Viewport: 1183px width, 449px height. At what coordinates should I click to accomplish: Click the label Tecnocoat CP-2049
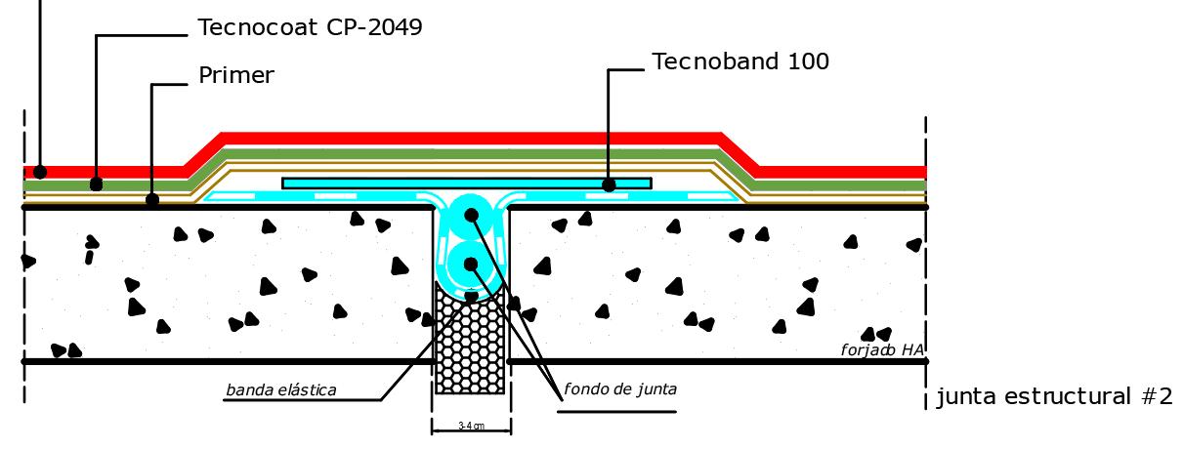310,27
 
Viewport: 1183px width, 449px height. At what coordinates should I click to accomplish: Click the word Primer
236,75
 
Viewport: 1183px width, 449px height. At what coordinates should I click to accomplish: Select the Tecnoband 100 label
740,61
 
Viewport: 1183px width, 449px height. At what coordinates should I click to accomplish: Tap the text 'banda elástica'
281,390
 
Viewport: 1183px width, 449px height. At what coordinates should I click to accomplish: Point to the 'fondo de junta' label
620,389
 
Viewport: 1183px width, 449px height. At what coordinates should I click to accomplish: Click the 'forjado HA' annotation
882,349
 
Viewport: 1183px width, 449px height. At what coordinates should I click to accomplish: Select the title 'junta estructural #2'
1054,397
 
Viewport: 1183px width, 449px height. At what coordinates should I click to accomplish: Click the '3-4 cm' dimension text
472,427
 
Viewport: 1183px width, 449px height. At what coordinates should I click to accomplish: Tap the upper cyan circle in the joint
471,216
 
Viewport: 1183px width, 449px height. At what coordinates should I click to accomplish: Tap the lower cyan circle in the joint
471,264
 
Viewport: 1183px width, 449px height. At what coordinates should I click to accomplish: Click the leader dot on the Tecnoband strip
609,184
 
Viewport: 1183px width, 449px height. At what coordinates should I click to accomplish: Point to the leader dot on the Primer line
152,200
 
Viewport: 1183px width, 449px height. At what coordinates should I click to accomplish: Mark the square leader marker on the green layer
96,184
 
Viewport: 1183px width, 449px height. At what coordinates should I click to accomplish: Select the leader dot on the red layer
40,172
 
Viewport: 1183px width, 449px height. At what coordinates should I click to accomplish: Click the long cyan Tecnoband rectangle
440,183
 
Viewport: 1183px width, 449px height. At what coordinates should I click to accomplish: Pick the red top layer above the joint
471,139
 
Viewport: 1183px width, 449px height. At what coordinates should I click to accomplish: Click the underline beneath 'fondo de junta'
616,411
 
